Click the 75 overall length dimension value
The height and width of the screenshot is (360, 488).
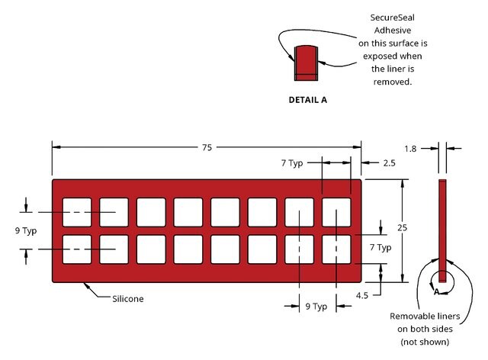[207, 147]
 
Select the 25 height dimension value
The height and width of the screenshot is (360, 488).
[402, 227]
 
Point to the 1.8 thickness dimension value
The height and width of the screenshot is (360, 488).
[410, 149]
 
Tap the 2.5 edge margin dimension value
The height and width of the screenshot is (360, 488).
[389, 163]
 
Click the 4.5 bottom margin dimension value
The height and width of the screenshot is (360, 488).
[362, 295]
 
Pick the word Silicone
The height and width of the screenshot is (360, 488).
[128, 299]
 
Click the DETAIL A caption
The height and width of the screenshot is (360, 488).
[308, 100]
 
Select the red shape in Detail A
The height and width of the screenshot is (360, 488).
[306, 63]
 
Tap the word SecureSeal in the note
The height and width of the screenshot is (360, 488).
[392, 18]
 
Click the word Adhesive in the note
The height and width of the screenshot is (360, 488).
[393, 31]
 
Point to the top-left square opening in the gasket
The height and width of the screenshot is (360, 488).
[77, 212]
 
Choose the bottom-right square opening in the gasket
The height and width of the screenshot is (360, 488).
[336, 249]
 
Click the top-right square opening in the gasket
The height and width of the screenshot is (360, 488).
[336, 212]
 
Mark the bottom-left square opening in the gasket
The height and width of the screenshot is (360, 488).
[77, 249]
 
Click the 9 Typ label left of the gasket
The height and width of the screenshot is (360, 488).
[26, 231]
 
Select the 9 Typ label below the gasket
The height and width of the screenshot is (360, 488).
[316, 307]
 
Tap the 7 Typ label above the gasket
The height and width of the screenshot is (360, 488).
[292, 163]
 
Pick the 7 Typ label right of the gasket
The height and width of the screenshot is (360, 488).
[380, 247]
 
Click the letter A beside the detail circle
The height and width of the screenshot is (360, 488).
[437, 292]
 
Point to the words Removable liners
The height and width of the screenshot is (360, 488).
[425, 316]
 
